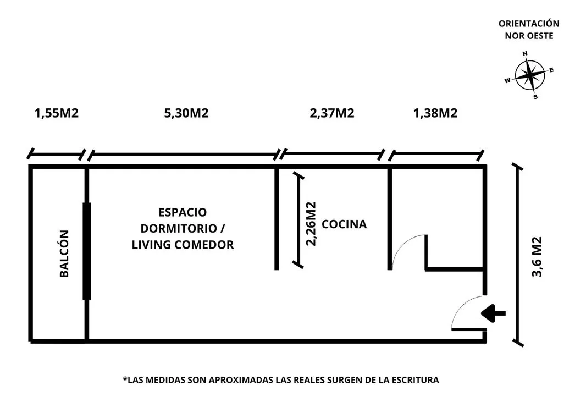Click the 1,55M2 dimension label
(57, 113)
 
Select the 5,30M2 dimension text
(186, 113)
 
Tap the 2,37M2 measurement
(332, 113)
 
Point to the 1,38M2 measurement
(435, 113)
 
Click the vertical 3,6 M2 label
(537, 256)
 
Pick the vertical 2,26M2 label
(311, 224)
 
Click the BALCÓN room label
(64, 254)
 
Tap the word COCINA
(344, 224)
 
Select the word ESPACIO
(183, 212)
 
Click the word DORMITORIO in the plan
(179, 228)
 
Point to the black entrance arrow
(493, 313)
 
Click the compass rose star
(529, 75)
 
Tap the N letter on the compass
(525, 54)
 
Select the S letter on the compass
(535, 97)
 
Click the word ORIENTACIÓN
(529, 24)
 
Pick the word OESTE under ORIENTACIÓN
(540, 36)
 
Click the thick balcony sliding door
(87, 251)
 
